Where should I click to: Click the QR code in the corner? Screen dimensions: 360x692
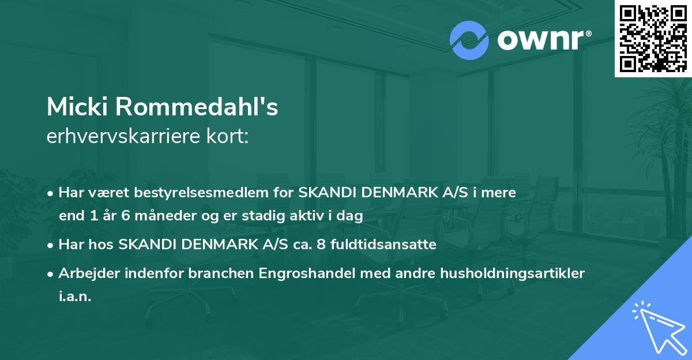tap(653, 39)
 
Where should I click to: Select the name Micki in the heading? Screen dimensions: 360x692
tap(77, 107)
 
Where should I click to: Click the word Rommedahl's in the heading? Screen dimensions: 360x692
tap(196, 107)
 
